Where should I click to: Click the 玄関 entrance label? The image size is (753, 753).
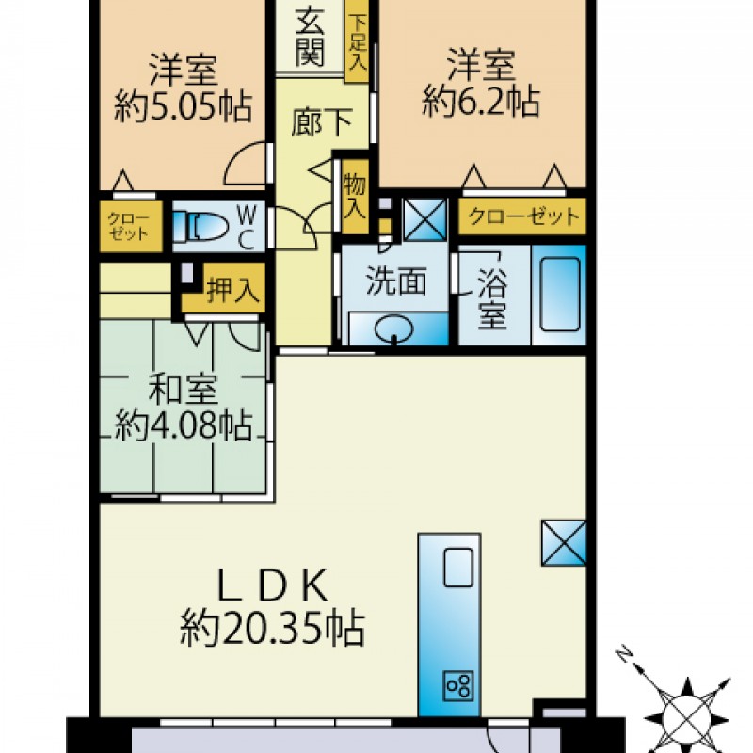coord(310,37)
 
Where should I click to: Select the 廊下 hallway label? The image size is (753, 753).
coord(322,122)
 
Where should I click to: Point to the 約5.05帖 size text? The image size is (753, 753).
coord(183,106)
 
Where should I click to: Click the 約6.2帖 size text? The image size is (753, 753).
coord(481,102)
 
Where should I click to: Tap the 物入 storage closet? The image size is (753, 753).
coord(355,198)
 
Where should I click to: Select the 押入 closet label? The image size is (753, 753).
coord(233,290)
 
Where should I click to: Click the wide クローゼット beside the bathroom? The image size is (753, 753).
coord(522,216)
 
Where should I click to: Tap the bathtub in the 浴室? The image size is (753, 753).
coord(559,295)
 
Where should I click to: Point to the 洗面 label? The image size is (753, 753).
coord(396,280)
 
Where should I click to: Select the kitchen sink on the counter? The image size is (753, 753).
coord(458,568)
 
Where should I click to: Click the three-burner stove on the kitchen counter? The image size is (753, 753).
coord(458,685)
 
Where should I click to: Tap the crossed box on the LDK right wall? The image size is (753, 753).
coord(564,543)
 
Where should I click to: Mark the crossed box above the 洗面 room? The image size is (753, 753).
coord(425,219)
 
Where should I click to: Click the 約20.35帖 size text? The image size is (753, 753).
coord(273,629)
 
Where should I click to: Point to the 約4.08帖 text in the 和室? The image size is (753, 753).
coord(183,425)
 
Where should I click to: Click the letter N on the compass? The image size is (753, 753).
coord(625,653)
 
